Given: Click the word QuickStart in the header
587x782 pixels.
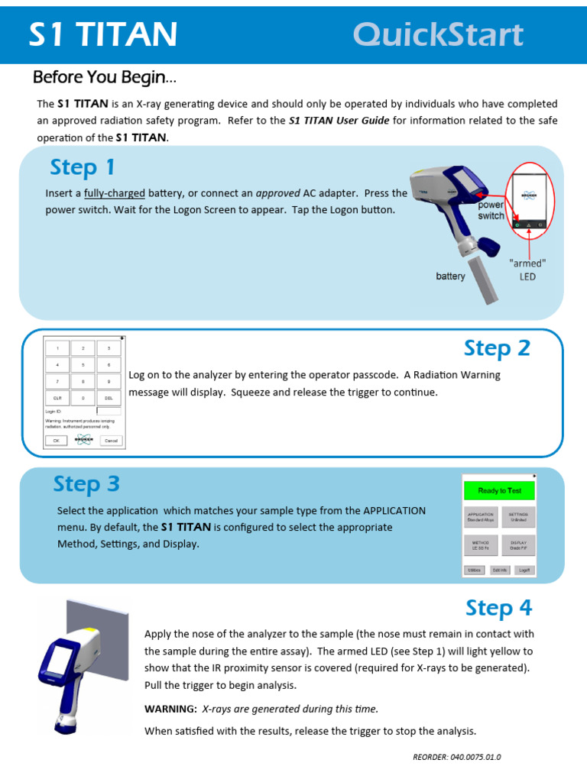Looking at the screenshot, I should pos(438,35).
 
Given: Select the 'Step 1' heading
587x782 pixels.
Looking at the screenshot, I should pos(82,167).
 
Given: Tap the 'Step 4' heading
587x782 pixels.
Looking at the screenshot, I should pos(498,608).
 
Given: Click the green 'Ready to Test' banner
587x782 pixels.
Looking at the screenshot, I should pos(499,490).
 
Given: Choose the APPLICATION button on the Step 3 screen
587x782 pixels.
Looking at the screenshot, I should pos(482,518).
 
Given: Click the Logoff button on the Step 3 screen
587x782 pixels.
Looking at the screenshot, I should pos(524,570).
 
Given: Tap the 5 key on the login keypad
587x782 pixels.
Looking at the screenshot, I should pos(83,365).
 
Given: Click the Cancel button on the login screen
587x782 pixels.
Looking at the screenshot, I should pos(110,441).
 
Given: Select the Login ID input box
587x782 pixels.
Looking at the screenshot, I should pos(109,411).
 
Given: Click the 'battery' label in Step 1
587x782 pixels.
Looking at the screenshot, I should pos(450,276).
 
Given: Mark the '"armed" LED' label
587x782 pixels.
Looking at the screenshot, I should pos(527,270).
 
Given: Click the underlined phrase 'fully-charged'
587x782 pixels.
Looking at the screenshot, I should pos(115,193).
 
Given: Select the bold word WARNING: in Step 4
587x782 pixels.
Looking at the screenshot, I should pos(171,709).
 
